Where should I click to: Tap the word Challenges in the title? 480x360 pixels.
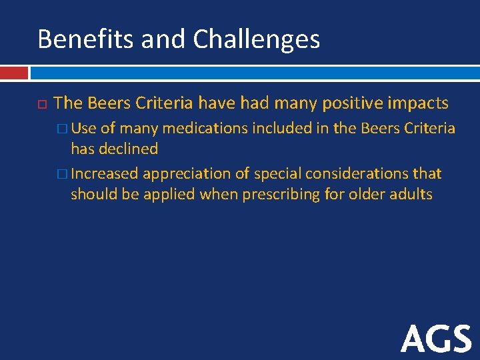(257, 40)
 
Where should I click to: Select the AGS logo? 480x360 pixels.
(436, 339)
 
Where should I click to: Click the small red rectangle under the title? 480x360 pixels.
(14, 72)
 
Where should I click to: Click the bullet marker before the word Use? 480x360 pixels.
(63, 128)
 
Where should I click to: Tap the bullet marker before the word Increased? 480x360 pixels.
(63, 174)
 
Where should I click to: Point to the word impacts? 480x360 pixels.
(419, 103)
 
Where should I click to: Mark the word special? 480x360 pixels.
(267, 174)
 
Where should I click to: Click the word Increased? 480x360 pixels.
(105, 174)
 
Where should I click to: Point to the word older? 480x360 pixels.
(367, 195)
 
